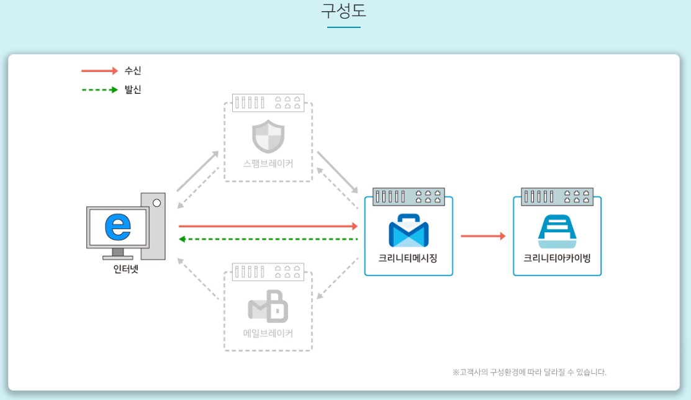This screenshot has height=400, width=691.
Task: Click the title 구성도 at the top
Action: coord(344,11)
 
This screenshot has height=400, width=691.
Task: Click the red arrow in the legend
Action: coord(99,71)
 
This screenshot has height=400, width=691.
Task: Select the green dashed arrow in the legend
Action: coord(99,90)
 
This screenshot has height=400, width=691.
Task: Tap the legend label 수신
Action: coord(133,71)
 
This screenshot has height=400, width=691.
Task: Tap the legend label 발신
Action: coord(133,90)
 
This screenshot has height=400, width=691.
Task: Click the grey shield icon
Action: coord(268,137)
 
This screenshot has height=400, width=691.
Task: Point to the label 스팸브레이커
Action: coord(268,165)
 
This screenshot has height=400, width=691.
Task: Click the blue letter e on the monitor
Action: coord(118,227)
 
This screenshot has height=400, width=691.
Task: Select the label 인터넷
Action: coord(126,270)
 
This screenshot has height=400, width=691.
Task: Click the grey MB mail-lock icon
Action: coord(268,306)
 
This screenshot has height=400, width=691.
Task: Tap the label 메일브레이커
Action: coord(268,334)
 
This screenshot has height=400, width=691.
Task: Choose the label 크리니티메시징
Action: coord(408,258)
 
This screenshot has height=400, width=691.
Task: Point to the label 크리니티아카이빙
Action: coord(557,258)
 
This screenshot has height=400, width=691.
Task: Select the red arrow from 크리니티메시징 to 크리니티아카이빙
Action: coord(483,236)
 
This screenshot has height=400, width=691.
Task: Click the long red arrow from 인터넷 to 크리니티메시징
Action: coord(268,226)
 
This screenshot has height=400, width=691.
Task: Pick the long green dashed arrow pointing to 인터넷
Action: coord(268,239)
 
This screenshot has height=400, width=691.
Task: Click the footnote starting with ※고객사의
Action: coord(529,373)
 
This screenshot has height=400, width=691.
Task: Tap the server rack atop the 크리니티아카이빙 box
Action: coord(557,197)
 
